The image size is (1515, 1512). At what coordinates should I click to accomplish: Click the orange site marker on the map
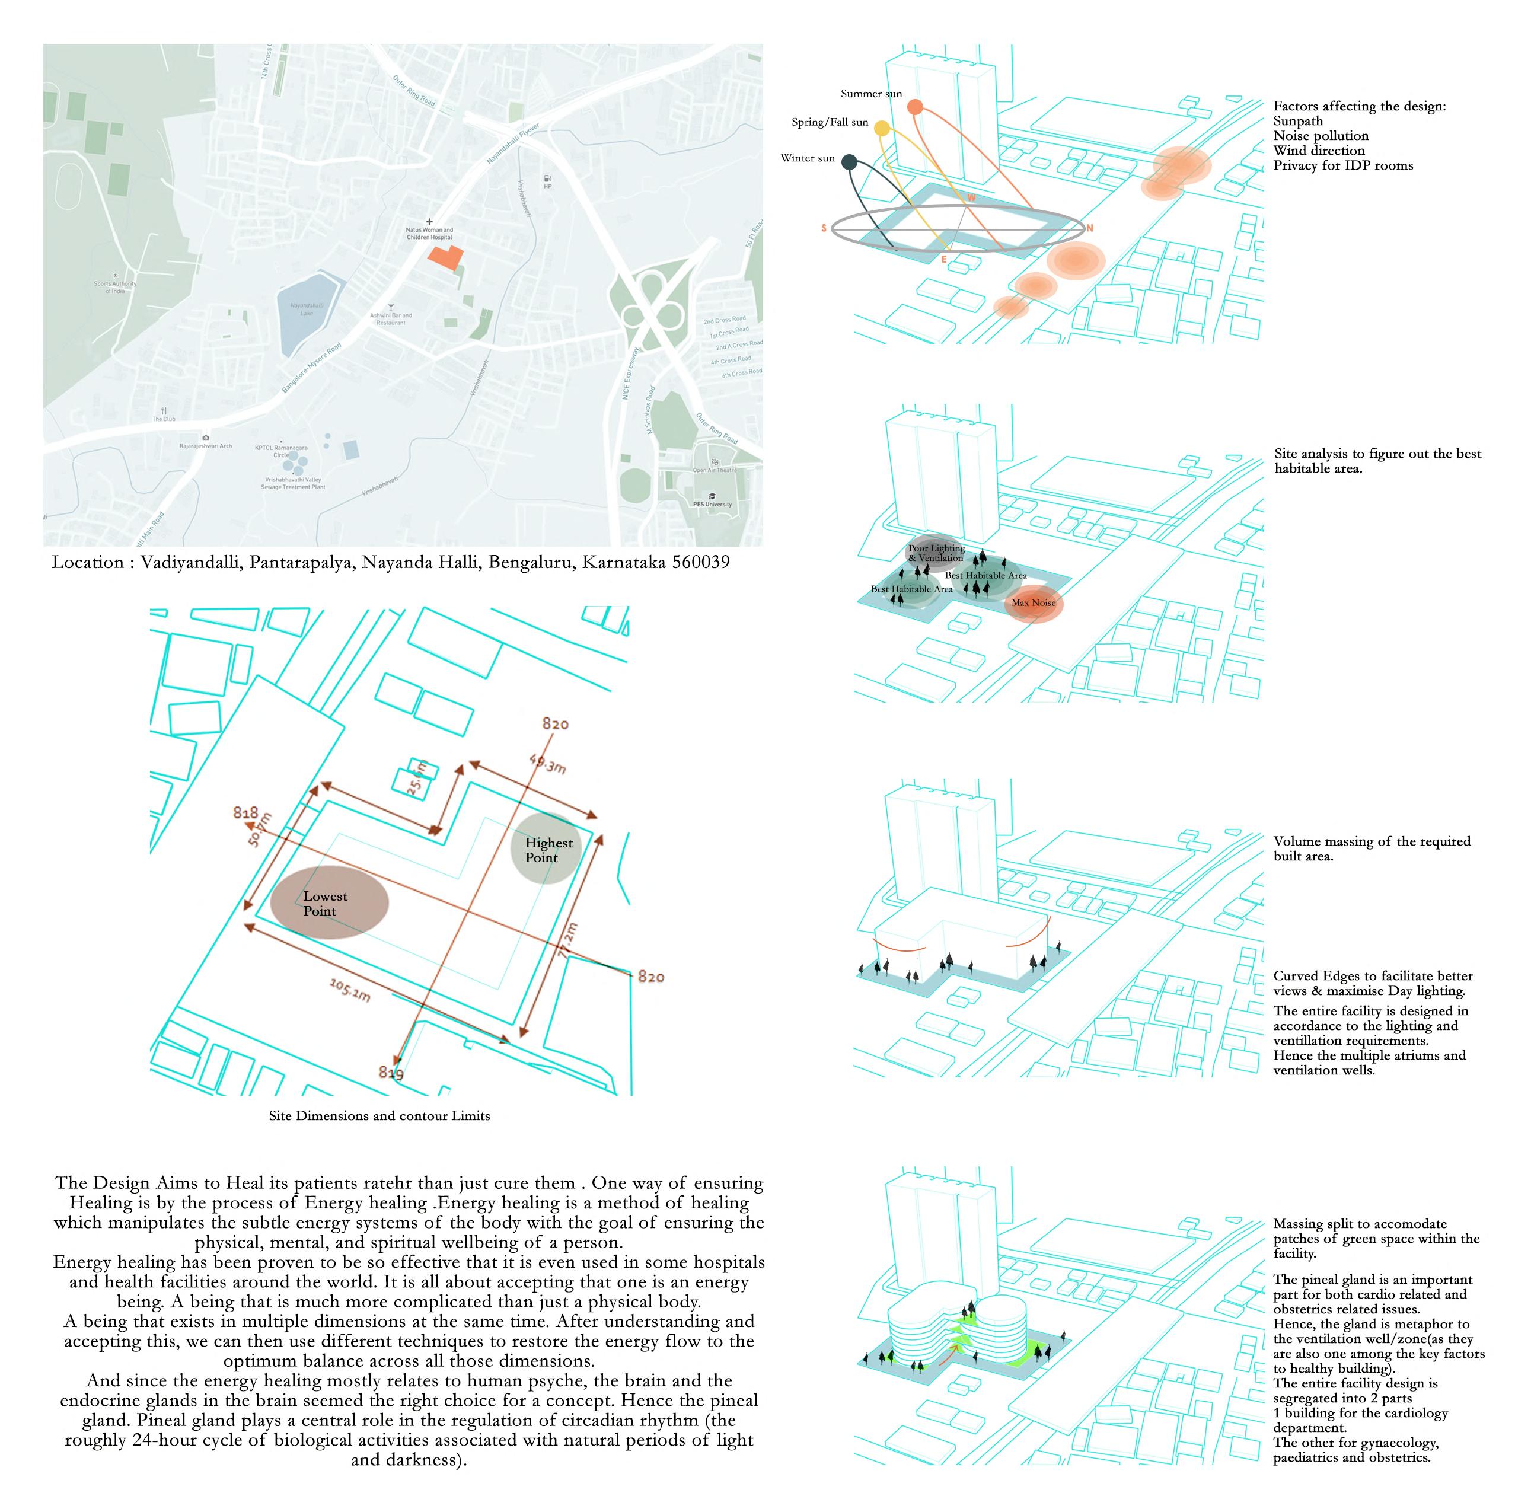[445, 257]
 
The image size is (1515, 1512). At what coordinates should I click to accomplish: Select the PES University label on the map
[712, 504]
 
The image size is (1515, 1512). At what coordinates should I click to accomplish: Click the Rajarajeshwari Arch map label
[205, 445]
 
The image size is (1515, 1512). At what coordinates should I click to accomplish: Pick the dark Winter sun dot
[849, 162]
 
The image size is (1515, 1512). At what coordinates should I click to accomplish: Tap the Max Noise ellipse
[1034, 603]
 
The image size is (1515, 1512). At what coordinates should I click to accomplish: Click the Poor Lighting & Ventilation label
[936, 553]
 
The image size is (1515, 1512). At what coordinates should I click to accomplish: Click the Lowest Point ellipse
[328, 902]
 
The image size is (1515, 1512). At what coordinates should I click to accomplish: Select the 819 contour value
[391, 1072]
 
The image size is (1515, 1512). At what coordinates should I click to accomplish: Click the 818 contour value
[245, 812]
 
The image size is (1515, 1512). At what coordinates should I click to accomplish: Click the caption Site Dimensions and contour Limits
[379, 1116]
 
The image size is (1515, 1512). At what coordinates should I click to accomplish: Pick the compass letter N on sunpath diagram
[1089, 229]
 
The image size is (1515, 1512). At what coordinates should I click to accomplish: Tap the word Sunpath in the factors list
[1298, 121]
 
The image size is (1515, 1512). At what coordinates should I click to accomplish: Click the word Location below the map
[87, 562]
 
